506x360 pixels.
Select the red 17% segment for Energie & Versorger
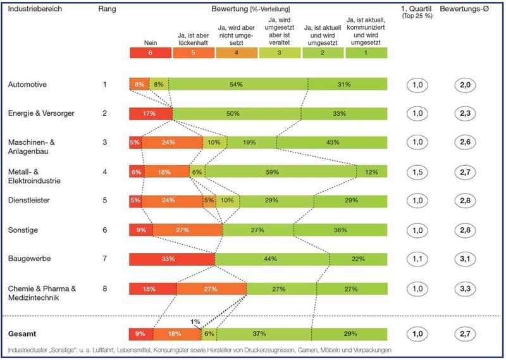pyautogui.click(x=151, y=113)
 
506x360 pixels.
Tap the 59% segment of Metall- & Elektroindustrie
pyautogui.click(x=281, y=171)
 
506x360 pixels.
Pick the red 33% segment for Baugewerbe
pyautogui.click(x=171, y=259)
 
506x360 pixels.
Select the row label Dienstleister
pyautogui.click(x=29, y=201)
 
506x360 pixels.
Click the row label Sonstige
pyautogui.click(x=24, y=230)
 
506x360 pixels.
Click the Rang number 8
pyautogui.click(x=105, y=289)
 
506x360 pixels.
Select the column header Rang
pyautogui.click(x=108, y=10)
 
